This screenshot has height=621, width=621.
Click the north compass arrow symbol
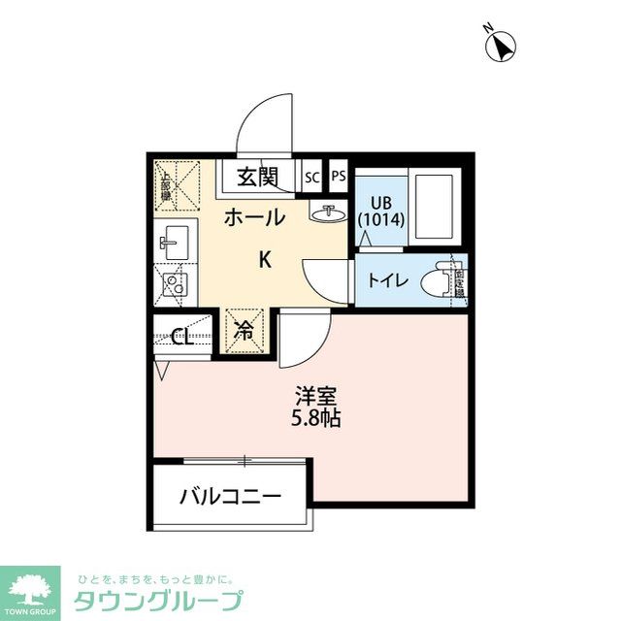pyautogui.click(x=502, y=46)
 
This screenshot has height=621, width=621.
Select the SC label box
pyautogui.click(x=311, y=178)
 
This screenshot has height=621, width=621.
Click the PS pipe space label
pyautogui.click(x=338, y=178)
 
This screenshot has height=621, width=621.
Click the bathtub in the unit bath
pyautogui.click(x=434, y=208)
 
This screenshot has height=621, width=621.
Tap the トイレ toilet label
pyautogui.click(x=387, y=281)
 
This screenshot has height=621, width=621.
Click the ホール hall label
pyautogui.click(x=254, y=218)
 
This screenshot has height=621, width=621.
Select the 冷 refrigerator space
pyautogui.click(x=244, y=331)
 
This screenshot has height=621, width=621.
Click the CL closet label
pyautogui.click(x=181, y=338)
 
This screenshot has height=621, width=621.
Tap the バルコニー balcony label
pyautogui.click(x=230, y=497)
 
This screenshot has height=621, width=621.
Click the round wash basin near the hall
pyautogui.click(x=329, y=212)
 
